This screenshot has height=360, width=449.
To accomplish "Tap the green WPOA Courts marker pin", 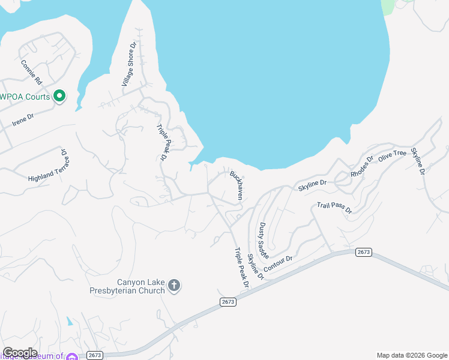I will [x=59, y=96].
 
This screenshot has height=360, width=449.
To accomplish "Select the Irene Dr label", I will [x=23, y=119].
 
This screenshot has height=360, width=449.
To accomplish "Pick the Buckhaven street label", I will [x=237, y=185].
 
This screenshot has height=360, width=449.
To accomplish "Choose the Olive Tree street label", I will [x=392, y=155].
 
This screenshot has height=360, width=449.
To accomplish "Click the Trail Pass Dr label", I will [x=334, y=208].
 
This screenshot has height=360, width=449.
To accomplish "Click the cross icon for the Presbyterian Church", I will [x=174, y=285].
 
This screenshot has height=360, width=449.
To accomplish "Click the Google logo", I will [x=19, y=352].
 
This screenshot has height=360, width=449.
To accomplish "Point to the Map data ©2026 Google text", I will [x=411, y=355].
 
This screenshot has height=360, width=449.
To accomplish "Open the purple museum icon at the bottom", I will [x=72, y=357].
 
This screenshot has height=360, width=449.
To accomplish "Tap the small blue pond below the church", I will [x=71, y=322].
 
